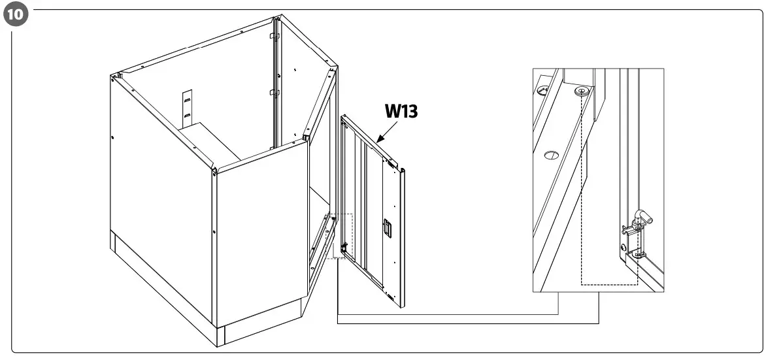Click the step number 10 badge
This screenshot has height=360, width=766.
click(14, 14)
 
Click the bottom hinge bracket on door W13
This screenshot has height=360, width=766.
click(390, 296)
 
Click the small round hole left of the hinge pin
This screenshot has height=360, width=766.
click(623, 247)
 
